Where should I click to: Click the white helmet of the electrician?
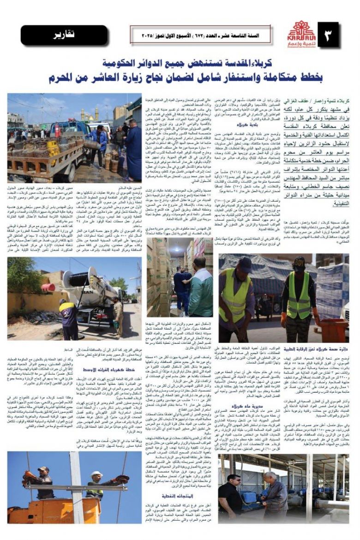(96, 474)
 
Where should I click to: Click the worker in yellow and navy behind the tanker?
(69, 318)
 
